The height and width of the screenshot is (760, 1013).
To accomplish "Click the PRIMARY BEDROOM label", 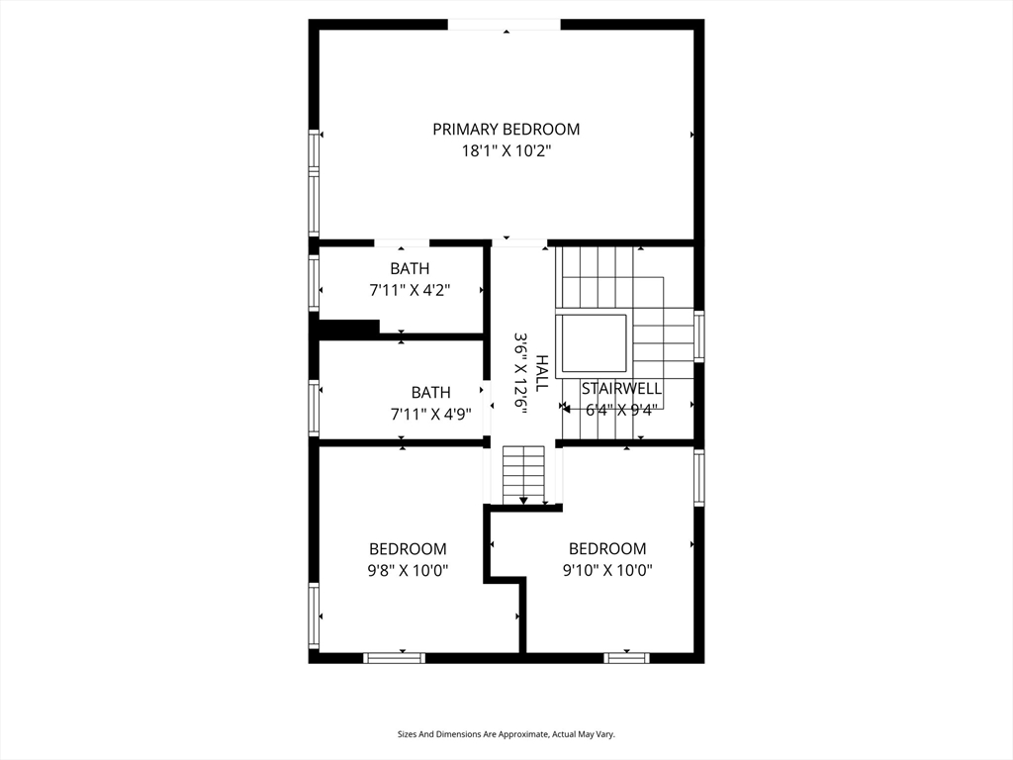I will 506,129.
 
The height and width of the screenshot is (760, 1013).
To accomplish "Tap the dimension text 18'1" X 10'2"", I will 506,151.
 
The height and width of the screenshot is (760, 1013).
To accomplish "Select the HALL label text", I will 541,373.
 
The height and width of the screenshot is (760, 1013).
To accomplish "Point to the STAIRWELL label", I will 621,389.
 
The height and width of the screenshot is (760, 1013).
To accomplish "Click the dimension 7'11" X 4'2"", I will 409,291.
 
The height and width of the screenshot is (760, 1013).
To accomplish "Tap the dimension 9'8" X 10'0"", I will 408,570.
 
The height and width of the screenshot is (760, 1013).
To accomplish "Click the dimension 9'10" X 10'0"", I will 606,570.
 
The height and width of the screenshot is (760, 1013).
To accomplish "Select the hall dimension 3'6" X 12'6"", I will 519,373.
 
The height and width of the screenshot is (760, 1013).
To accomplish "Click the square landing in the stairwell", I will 592,343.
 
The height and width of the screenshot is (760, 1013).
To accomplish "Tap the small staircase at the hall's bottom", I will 523,474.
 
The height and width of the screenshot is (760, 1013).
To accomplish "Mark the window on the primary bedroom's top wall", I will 505,25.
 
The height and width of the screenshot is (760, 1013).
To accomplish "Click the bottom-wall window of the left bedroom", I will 394,657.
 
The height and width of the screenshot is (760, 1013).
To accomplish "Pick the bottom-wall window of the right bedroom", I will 626,657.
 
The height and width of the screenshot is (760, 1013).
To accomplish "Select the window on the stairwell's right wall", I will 698,336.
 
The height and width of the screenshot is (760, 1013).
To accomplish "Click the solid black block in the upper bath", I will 349,328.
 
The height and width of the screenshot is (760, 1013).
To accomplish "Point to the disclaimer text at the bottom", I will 506,734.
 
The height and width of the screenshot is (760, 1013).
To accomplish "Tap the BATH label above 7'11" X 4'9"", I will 430,392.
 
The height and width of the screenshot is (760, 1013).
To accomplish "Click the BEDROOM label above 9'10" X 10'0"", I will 606,548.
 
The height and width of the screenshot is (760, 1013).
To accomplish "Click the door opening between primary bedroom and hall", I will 519,242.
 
